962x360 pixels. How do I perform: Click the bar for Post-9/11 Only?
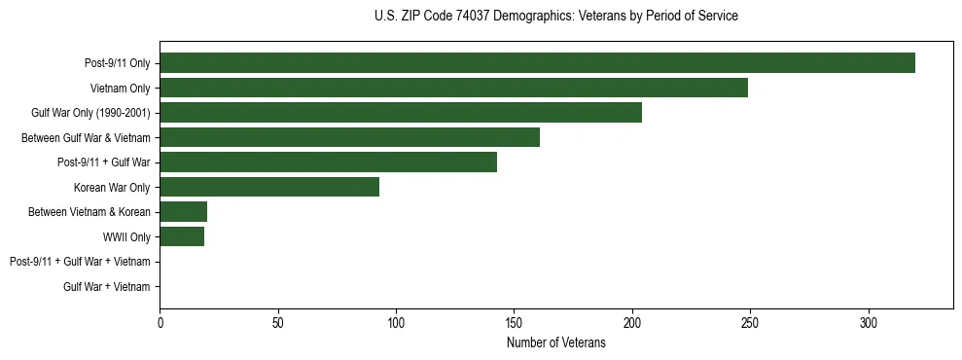pyautogui.click(x=537, y=63)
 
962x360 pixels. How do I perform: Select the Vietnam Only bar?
pyautogui.click(x=453, y=88)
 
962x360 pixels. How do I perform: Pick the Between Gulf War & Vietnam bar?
pyautogui.click(x=349, y=137)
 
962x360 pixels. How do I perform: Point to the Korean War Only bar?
pyautogui.click(x=269, y=187)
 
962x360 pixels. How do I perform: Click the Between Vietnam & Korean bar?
pyautogui.click(x=183, y=212)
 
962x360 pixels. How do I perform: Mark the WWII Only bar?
pyautogui.click(x=182, y=236)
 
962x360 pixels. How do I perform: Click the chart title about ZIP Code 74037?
pyautogui.click(x=555, y=17)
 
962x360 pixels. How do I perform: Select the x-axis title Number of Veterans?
pyautogui.click(x=555, y=343)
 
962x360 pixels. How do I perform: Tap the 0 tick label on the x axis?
pyautogui.click(x=160, y=322)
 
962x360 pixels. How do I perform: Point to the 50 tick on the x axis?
pyautogui.click(x=277, y=322)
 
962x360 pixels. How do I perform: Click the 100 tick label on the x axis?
pyautogui.click(x=396, y=322)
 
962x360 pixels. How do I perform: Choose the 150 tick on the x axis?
pyautogui.click(x=514, y=322)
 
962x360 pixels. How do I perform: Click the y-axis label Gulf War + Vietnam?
pyautogui.click(x=107, y=286)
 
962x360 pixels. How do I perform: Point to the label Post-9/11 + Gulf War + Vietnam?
pyautogui.click(x=80, y=262)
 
